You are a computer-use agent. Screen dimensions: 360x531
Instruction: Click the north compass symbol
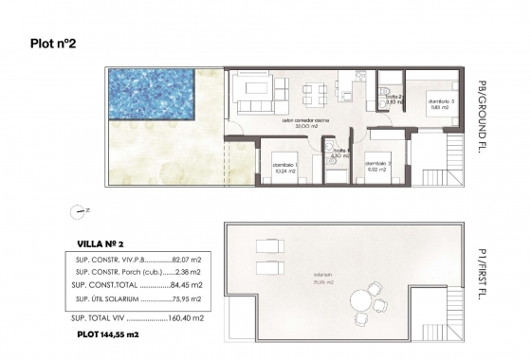(x=76, y=210)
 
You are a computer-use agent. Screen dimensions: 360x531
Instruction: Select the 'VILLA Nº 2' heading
(x=100, y=243)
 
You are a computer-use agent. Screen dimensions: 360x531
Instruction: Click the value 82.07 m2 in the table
(x=188, y=259)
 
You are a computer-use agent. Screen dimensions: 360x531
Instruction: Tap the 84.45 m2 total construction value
(x=188, y=285)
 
